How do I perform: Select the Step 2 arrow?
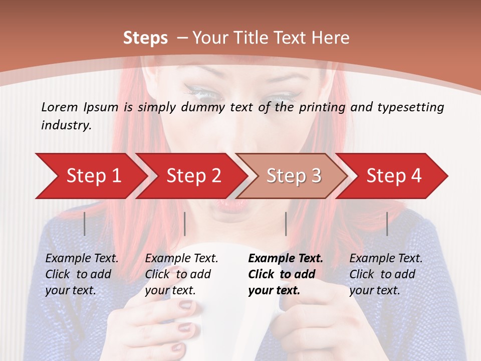(193, 176)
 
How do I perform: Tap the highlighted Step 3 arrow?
(293, 176)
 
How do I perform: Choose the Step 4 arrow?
(393, 176)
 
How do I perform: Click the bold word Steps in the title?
(145, 38)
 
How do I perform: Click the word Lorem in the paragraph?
(60, 107)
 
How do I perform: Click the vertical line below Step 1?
(85, 224)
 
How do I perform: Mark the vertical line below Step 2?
(185, 224)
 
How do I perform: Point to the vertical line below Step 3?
(286, 224)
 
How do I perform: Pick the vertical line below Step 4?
(387, 224)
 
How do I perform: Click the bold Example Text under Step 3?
(286, 258)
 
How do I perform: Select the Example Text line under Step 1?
(82, 258)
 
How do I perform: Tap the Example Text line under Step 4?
(386, 258)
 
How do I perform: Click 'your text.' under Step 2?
(170, 290)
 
